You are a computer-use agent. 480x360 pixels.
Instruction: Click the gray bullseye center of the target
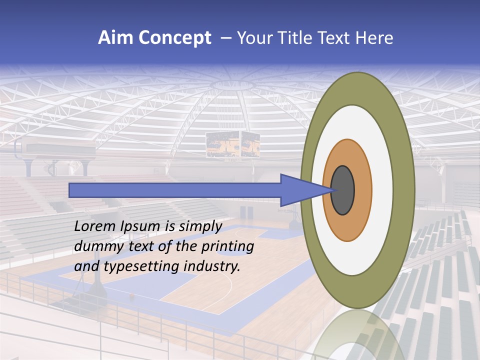[343, 190]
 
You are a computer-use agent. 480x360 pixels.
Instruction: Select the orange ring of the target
[363, 190]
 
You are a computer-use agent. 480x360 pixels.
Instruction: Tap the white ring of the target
[382, 190]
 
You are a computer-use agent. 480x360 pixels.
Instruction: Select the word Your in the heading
[253, 38]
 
